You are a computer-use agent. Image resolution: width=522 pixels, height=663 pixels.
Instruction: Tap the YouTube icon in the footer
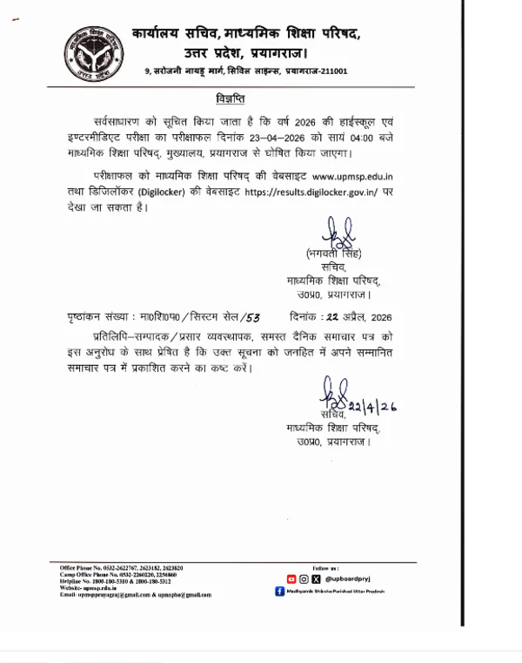[x=291, y=578]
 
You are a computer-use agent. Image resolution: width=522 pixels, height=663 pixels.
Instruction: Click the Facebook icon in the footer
[x=279, y=591]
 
